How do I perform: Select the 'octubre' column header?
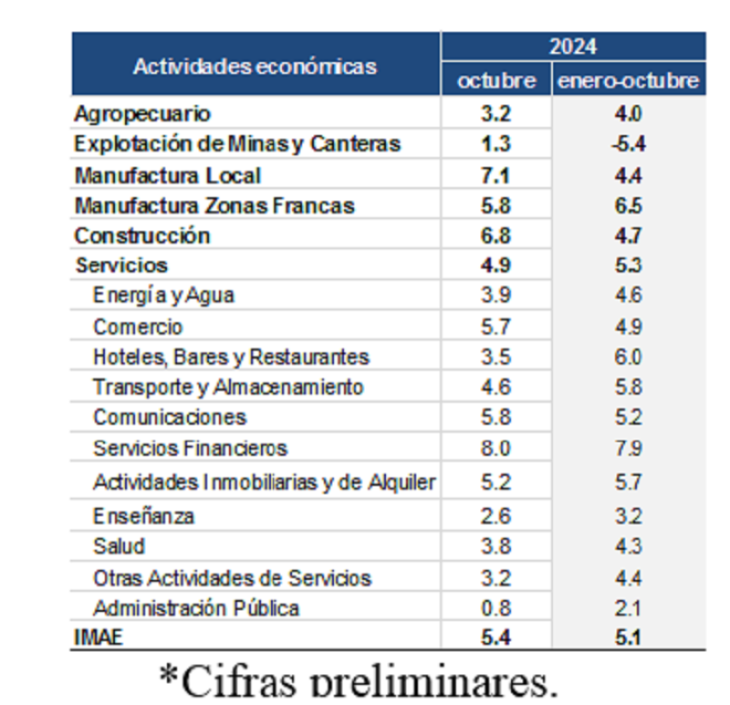496,80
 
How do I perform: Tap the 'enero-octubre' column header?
629,80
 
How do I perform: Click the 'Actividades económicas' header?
255,66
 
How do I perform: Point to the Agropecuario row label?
142,114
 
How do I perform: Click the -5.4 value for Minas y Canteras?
629,144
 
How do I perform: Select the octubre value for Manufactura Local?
495,175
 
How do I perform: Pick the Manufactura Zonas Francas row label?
214,205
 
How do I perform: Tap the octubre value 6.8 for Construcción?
495,236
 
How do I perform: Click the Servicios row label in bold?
121,266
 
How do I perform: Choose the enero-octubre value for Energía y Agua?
629,296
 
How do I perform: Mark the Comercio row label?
138,327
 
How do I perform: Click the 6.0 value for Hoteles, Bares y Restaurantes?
629,357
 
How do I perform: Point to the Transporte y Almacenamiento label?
228,387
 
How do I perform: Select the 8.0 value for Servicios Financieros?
495,448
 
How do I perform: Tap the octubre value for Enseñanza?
495,516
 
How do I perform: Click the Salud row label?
119,546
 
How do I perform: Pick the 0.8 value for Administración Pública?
495,607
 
